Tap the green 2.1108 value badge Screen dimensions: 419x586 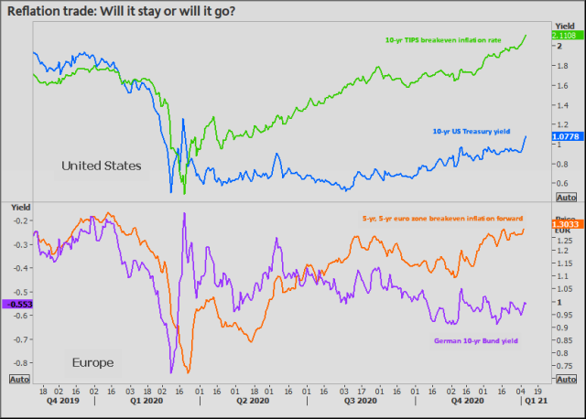tap(563, 36)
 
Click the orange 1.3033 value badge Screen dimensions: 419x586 tap(563, 223)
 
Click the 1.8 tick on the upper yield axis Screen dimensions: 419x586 tap(559, 68)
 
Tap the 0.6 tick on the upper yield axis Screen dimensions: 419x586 tap(559, 183)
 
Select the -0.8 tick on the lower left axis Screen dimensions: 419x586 tap(19, 363)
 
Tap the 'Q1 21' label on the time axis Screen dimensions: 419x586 tap(535, 399)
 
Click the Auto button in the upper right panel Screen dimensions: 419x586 tap(566, 198)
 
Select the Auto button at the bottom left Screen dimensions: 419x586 tap(18, 378)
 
